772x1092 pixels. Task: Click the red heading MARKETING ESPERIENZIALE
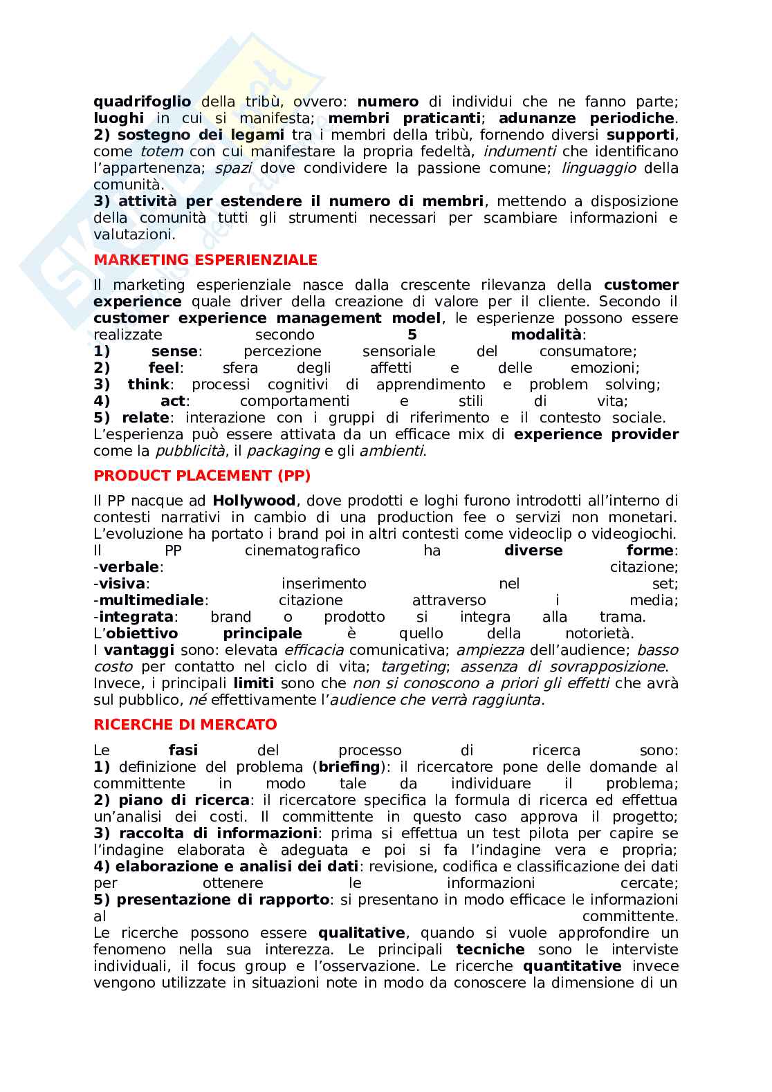click(x=205, y=260)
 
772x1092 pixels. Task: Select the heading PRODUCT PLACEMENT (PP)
click(x=202, y=476)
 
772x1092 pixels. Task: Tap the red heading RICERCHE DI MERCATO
click(x=185, y=725)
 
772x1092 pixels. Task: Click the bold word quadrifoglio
click(x=142, y=102)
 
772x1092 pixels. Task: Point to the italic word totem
click(x=162, y=151)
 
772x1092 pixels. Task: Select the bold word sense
click(x=174, y=351)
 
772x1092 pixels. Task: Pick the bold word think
click(x=148, y=385)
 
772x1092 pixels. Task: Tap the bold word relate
click(x=145, y=418)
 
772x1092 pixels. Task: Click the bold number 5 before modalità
click(x=412, y=335)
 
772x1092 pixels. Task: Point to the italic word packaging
click(x=282, y=451)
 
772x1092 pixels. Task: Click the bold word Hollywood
click(x=254, y=501)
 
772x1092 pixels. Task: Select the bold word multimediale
click(x=151, y=600)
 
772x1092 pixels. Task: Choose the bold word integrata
click(x=136, y=617)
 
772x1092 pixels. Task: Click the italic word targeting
click(x=413, y=667)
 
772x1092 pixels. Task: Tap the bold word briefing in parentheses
click(x=349, y=767)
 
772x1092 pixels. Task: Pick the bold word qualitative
click(x=362, y=933)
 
